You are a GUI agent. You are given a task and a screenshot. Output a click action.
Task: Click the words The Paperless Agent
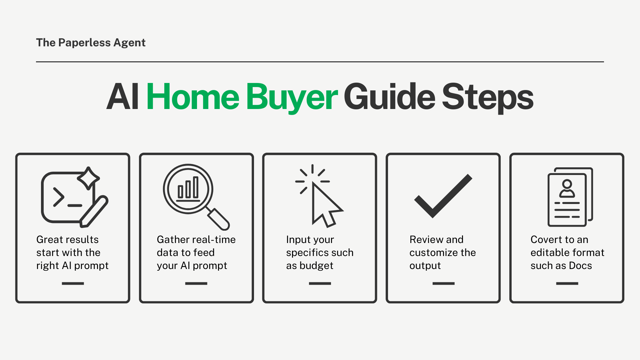click(91, 43)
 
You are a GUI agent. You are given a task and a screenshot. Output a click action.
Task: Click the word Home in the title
click(193, 97)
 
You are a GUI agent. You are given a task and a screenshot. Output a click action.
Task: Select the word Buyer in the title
click(292, 97)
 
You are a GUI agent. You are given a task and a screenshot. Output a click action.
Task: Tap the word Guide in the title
click(389, 97)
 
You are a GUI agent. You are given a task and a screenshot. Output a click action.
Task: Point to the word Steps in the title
click(487, 97)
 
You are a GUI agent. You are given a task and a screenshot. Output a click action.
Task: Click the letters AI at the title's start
click(122, 97)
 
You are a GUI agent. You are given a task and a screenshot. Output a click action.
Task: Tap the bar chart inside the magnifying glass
click(188, 189)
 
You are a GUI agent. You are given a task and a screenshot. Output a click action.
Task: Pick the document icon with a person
click(570, 197)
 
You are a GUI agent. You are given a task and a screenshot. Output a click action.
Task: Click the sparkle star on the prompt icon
click(88, 178)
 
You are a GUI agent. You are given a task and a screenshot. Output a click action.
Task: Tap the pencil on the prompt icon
click(94, 211)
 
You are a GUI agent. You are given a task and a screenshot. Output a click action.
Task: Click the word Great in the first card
click(50, 240)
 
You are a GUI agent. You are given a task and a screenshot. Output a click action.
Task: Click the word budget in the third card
click(316, 266)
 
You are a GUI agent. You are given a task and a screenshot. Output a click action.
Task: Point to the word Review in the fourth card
click(426, 240)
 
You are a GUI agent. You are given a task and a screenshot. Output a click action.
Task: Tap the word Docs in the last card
click(580, 266)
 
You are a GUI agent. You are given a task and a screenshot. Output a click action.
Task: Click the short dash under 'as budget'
click(320, 283)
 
